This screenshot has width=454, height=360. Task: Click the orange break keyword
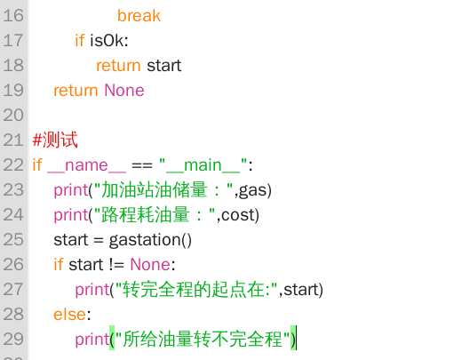139,16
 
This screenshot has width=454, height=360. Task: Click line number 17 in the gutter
13,41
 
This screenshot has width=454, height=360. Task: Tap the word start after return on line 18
164,66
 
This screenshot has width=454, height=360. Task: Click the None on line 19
124,91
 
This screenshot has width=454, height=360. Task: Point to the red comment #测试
55,140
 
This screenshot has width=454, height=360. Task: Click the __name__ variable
86,165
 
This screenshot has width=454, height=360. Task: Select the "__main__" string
203,165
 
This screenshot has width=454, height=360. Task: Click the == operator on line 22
142,165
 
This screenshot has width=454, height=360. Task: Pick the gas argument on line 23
253,190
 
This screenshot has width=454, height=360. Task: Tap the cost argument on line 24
238,215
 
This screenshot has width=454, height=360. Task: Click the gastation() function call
150,240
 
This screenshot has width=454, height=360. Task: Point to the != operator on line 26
116,265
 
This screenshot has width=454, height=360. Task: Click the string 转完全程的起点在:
196,290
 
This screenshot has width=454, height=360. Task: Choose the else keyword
70,315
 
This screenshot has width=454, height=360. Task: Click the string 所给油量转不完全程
203,340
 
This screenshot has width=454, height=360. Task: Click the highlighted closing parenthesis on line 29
293,340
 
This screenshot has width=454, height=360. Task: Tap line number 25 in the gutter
13,240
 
